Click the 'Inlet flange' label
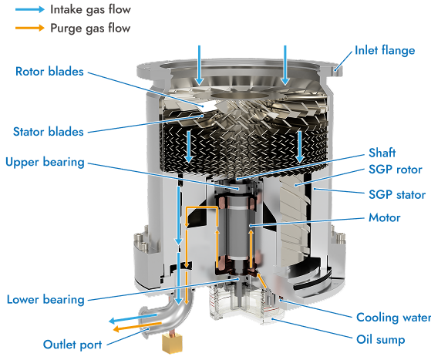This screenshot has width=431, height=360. click(385, 51)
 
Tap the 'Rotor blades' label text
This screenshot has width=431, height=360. click(49, 72)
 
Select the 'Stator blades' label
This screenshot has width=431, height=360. click(49, 132)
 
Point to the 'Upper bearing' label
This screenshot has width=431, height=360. click(45, 162)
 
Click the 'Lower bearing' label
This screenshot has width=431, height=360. click(45, 300)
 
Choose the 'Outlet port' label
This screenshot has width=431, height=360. click(72, 345)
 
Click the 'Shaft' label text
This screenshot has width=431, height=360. click(382, 153)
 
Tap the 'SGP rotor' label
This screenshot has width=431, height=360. click(396, 170)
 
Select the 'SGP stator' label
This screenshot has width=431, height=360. click(397, 195)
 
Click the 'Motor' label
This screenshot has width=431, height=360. click(384, 217)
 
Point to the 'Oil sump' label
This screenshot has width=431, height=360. click(381, 340)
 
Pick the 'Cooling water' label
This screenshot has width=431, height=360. click(394, 318)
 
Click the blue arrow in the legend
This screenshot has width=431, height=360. click(30, 9)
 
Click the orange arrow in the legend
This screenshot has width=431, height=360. click(30, 28)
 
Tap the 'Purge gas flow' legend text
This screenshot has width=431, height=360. click(90, 29)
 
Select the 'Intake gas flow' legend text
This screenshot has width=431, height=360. click(90, 9)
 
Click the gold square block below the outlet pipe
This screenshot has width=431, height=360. click(172, 343)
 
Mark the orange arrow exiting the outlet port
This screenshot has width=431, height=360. click(137, 327)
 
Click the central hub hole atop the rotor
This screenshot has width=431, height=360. click(239, 96)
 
